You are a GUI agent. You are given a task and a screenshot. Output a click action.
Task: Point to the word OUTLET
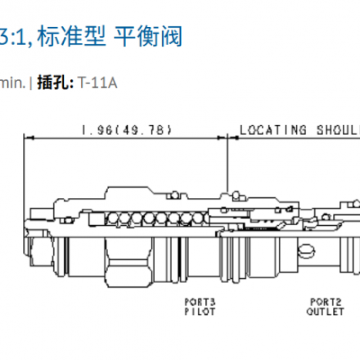[324, 312]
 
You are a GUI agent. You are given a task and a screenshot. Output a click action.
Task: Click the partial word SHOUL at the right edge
[334, 130]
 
